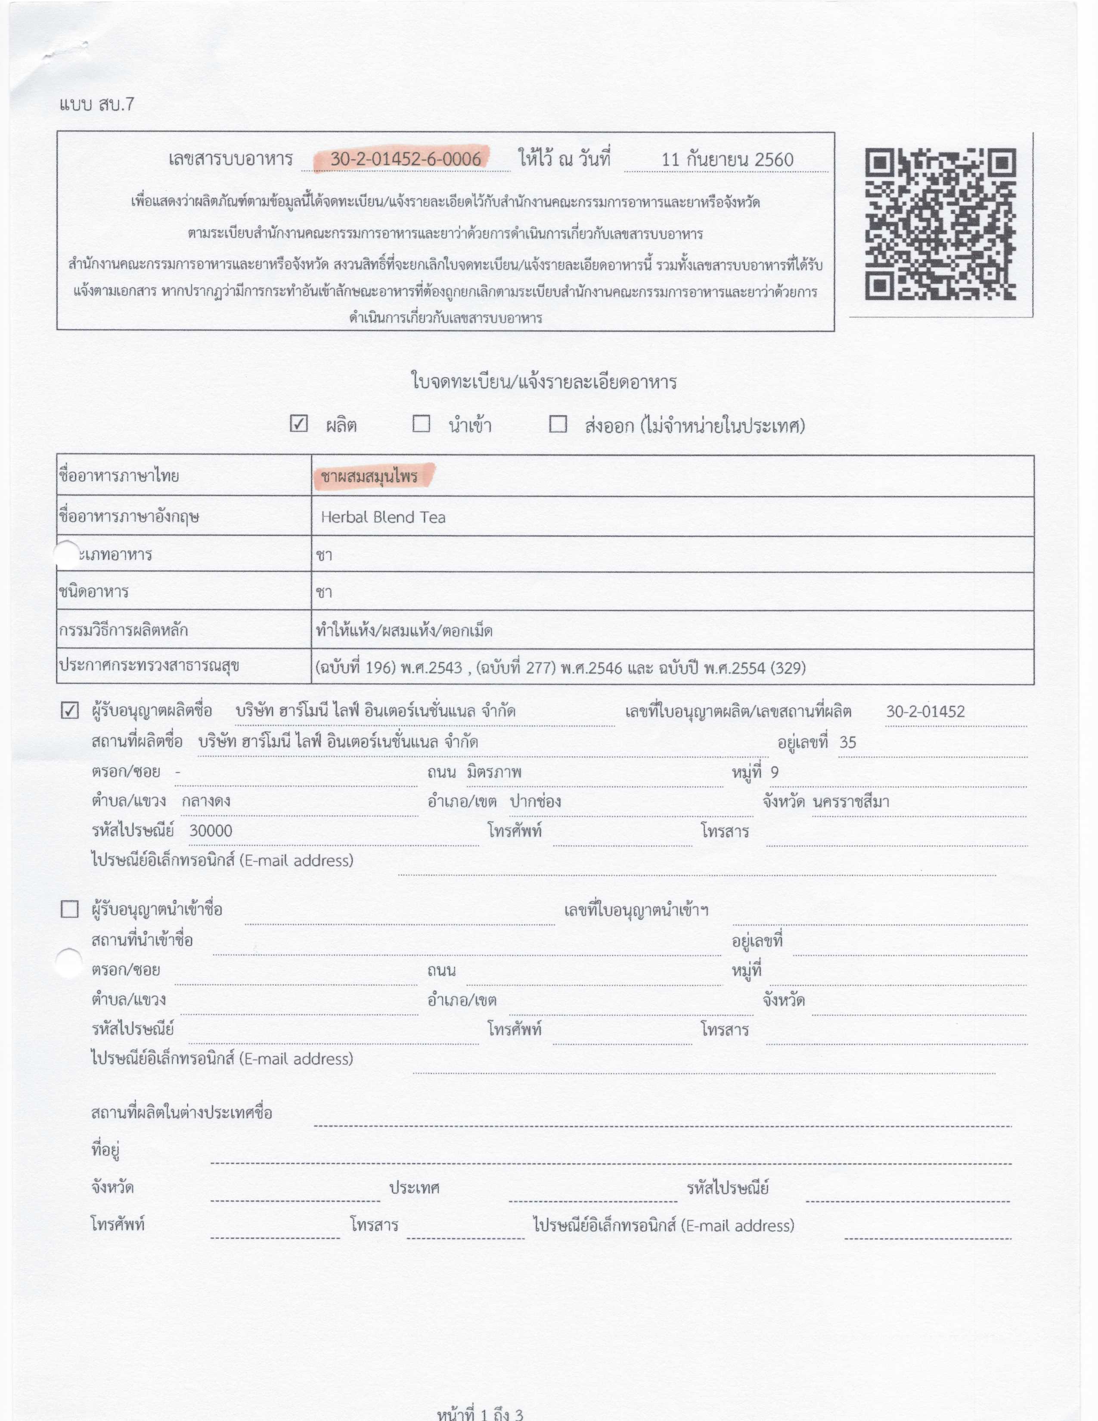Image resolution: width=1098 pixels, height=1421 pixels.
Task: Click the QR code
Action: (940, 224)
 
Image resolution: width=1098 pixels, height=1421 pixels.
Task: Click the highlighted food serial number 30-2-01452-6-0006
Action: (405, 159)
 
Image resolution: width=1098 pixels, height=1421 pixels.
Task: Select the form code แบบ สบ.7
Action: (96, 104)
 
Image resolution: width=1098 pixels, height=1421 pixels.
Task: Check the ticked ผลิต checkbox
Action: (298, 424)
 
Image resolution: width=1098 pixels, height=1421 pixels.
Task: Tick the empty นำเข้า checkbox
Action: (422, 424)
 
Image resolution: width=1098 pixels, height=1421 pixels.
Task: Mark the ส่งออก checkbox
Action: (558, 424)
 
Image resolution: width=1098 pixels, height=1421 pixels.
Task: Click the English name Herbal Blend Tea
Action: (383, 517)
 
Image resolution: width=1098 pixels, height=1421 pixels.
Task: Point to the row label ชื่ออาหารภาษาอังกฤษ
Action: (129, 517)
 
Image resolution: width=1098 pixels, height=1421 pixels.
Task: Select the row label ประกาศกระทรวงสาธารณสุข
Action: (149, 666)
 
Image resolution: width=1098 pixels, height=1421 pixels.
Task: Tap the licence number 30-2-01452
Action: (925, 712)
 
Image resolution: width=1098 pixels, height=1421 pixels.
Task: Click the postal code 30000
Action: (211, 831)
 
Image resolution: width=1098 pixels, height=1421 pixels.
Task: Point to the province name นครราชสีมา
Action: (851, 802)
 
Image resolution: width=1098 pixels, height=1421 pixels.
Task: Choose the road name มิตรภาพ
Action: (494, 773)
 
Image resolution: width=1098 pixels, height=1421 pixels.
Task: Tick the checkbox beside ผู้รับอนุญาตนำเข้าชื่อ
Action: (70, 909)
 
